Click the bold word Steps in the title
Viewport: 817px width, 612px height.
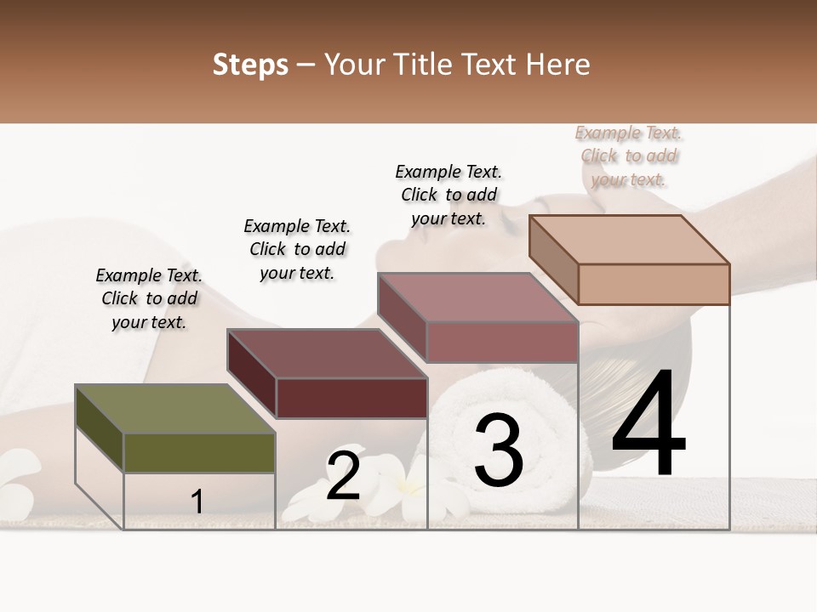pyautogui.click(x=250, y=65)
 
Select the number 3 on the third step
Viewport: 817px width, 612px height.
pyautogui.click(x=499, y=450)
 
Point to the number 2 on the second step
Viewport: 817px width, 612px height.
pyautogui.click(x=343, y=476)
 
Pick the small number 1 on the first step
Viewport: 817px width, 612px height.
pyautogui.click(x=197, y=501)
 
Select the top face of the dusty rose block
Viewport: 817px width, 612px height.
pyautogui.click(x=477, y=297)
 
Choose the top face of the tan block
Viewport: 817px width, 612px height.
pyautogui.click(x=629, y=240)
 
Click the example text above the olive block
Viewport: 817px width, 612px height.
pyautogui.click(x=149, y=298)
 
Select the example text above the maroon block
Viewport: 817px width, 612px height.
pyautogui.click(x=297, y=249)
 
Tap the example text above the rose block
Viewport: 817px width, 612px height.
pyautogui.click(x=448, y=195)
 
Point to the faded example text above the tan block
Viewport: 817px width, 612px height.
pyautogui.click(x=629, y=156)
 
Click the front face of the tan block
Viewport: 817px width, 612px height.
pyautogui.click(x=654, y=284)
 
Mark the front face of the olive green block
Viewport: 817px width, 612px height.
pyautogui.click(x=199, y=453)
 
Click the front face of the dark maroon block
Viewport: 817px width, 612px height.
pyautogui.click(x=351, y=398)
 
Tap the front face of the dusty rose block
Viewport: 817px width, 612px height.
pyautogui.click(x=502, y=342)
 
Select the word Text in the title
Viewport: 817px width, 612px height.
pyautogui.click(x=493, y=65)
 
